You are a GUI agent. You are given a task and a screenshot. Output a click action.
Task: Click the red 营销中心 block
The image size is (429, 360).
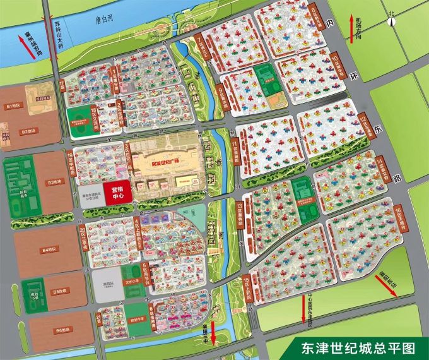coord(117,191)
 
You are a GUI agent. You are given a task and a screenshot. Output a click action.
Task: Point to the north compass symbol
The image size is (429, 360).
coord(392,20)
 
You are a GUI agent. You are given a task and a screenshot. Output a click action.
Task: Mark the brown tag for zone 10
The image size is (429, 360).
coord(334,63)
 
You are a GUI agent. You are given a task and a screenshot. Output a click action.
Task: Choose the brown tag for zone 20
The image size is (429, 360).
coord(83,234)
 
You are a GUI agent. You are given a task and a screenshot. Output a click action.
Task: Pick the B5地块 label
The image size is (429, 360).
coord(60,291)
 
